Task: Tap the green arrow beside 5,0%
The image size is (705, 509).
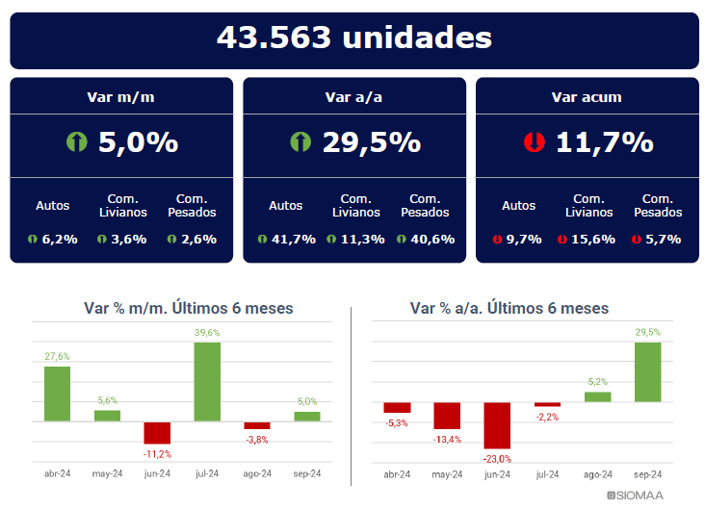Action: pyautogui.click(x=77, y=142)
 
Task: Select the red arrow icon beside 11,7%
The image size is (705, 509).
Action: pyautogui.click(x=533, y=142)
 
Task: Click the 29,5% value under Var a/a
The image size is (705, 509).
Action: pyautogui.click(x=372, y=142)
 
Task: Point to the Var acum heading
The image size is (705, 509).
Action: pyautogui.click(x=586, y=96)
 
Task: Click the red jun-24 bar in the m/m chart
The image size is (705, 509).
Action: pyautogui.click(x=157, y=432)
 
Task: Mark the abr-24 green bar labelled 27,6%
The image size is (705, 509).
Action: pyautogui.click(x=57, y=393)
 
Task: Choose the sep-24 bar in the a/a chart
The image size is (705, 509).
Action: pyautogui.click(x=648, y=371)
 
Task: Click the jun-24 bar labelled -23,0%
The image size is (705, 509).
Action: pyautogui.click(x=497, y=424)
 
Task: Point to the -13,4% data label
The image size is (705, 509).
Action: pyautogui.click(x=447, y=440)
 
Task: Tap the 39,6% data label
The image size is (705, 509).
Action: pyautogui.click(x=207, y=333)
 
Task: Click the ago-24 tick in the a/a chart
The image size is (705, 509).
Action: pyautogui.click(x=597, y=474)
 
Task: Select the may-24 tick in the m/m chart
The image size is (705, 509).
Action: pyautogui.click(x=107, y=473)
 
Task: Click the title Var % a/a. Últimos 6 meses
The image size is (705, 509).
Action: pyautogui.click(x=509, y=308)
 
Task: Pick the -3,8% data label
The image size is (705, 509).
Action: pyautogui.click(x=257, y=440)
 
